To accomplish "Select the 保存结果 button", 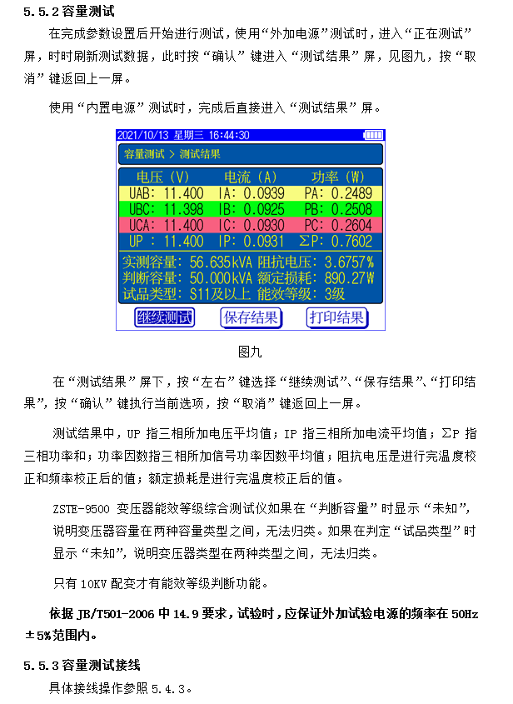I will pos(251,317).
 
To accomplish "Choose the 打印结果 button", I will pos(336,317).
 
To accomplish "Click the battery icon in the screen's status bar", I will pos(373,135).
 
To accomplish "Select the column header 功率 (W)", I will pos(338,177).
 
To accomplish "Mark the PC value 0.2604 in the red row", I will pos(351,225).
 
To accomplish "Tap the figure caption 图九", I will pos(250,351).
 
